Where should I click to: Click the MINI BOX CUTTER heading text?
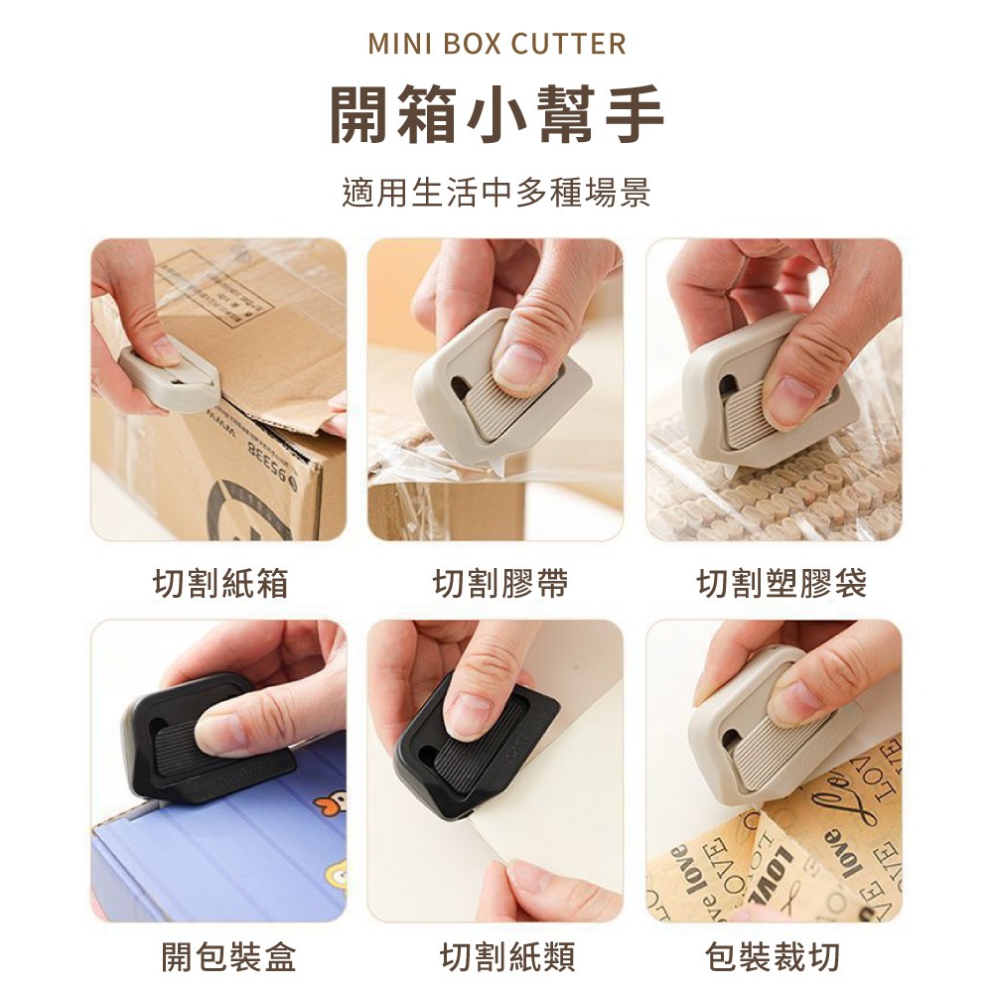[496, 44]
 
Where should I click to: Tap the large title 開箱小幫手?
[496, 115]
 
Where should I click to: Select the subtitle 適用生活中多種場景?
[496, 192]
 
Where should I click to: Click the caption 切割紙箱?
[220, 584]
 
